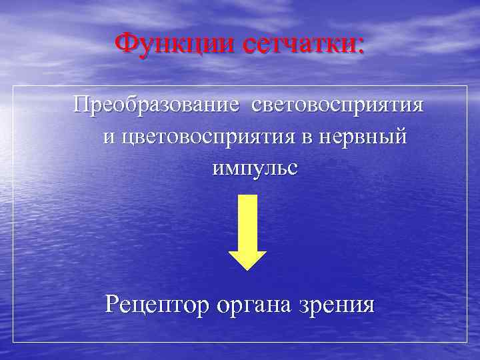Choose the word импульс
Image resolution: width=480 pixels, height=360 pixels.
[x=255, y=168]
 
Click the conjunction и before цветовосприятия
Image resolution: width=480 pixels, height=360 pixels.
[x=109, y=138]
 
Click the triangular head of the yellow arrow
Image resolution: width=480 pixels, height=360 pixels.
[x=247, y=260]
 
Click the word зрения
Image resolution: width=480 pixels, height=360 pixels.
[x=341, y=307]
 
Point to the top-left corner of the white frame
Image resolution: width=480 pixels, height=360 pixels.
[x=13, y=85]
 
